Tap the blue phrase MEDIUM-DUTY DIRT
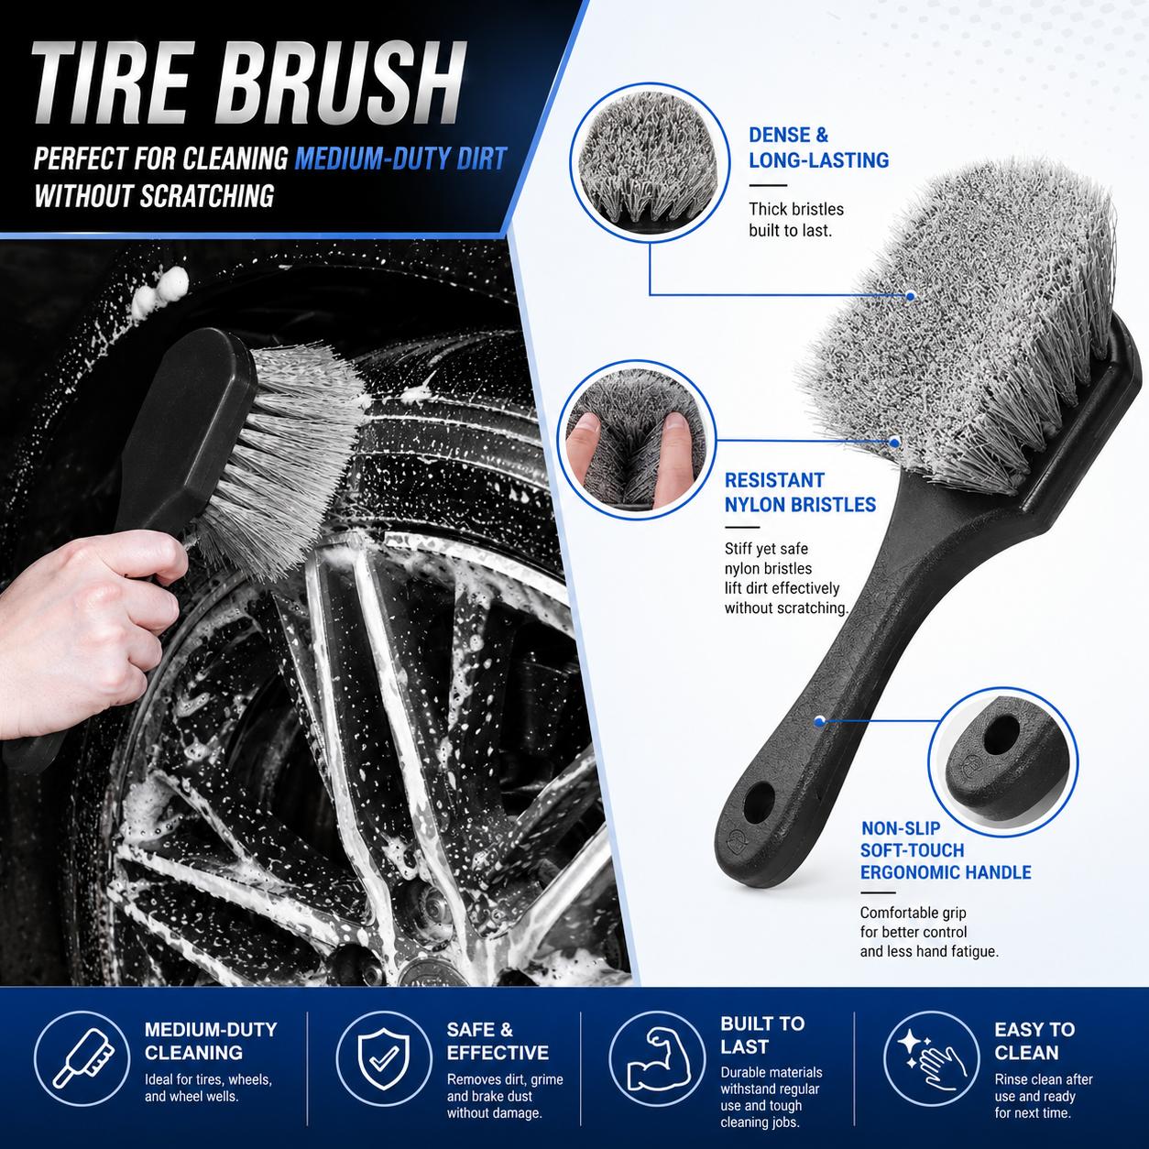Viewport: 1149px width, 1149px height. coord(401,159)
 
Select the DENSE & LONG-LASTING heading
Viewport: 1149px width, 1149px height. coord(818,148)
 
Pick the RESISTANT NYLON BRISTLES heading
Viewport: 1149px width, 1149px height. coord(800,493)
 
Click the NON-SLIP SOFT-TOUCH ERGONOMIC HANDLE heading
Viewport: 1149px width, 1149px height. coord(946,850)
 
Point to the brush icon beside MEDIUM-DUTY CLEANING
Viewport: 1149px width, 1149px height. coord(82,1059)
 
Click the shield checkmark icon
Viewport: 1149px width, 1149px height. coord(384,1059)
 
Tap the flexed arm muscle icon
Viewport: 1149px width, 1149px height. coord(657,1059)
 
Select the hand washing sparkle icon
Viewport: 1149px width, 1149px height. coord(931,1059)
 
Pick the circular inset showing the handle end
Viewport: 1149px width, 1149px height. coord(1003,763)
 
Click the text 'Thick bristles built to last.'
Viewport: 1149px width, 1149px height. coord(796,219)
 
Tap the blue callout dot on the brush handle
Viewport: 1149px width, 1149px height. coord(819,721)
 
